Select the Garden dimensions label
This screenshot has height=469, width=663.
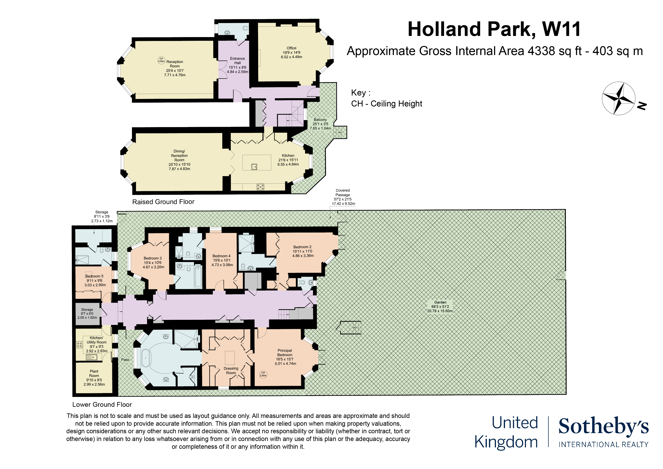tap(440, 307)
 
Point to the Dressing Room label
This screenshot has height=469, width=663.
tap(231, 370)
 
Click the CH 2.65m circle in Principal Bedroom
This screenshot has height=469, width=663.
tap(263, 374)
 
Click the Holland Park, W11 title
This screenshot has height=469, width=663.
tap(494, 30)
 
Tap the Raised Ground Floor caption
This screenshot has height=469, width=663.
tap(163, 202)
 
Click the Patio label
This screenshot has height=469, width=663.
tap(125, 360)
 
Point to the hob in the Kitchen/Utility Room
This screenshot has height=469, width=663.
tap(79, 344)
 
